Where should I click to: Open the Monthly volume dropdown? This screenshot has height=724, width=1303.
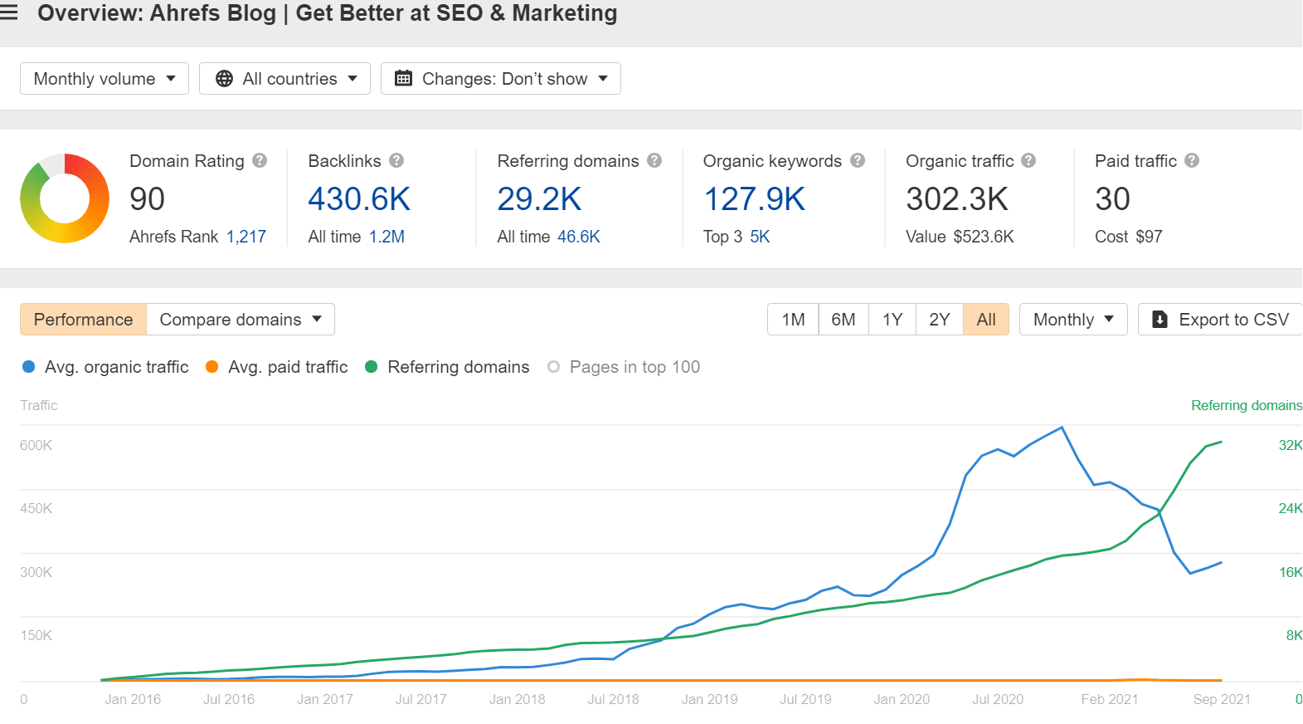[105, 79]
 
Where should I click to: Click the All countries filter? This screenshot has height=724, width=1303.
[284, 79]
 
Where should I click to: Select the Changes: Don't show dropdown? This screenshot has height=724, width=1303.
[500, 79]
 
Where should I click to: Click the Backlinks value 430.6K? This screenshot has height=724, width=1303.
[359, 199]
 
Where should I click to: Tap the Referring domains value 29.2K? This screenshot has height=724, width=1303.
[539, 199]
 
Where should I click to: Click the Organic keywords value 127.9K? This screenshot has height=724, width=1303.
[754, 199]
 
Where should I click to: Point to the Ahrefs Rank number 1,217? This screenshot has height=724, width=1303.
[246, 237]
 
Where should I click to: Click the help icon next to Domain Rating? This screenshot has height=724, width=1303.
[260, 161]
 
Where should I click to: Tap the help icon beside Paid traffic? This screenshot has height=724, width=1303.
[1192, 161]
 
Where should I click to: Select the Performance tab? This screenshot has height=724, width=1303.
[83, 320]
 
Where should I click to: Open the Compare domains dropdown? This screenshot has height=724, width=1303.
[241, 320]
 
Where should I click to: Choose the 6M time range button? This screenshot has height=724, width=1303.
[843, 320]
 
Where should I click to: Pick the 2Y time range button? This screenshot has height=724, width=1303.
[939, 320]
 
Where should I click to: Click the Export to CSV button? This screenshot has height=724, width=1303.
[1221, 320]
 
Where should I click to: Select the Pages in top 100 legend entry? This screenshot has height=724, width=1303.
[624, 367]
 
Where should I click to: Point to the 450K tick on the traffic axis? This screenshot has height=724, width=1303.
[36, 508]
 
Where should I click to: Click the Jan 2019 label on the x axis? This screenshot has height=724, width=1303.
[709, 699]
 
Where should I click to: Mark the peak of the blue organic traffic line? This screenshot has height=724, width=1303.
[1062, 428]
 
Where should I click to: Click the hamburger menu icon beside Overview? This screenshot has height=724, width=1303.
[9, 12]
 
